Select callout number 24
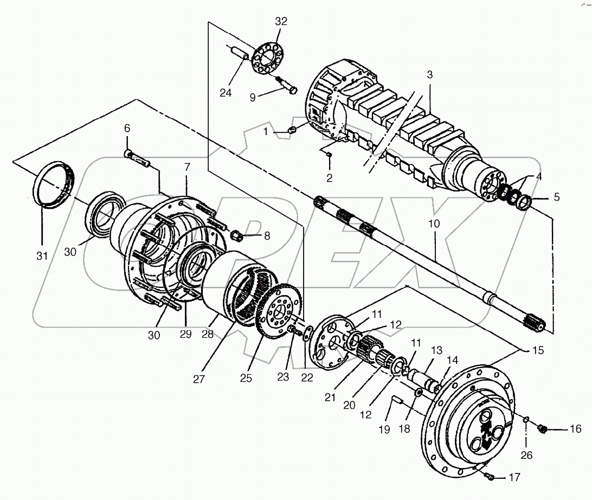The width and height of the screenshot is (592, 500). click(226, 93)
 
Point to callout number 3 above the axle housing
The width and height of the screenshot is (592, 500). click(429, 75)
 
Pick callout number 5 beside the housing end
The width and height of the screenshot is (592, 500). click(557, 197)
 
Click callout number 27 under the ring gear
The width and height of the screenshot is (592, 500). click(199, 379)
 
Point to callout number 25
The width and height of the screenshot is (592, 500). click(246, 378)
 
